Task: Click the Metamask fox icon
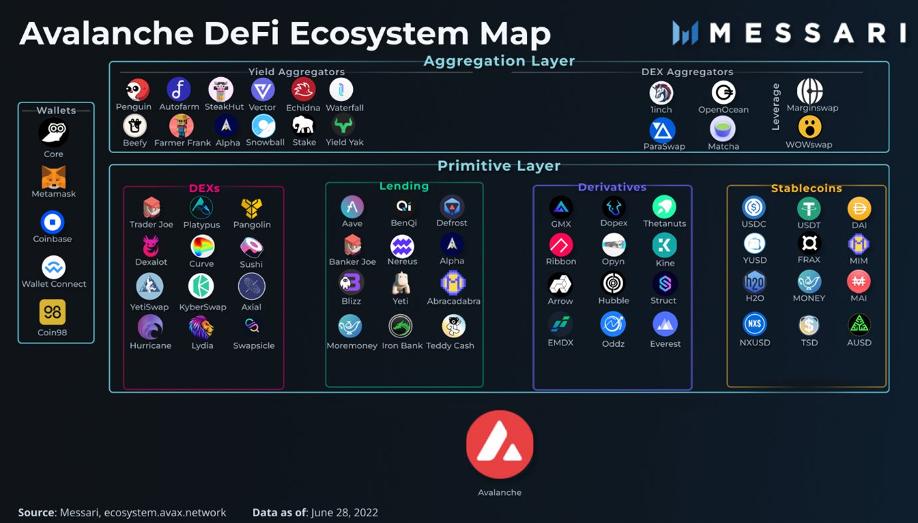click(x=54, y=178)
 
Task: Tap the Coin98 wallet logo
click(x=53, y=312)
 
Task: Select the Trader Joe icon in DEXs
click(x=151, y=207)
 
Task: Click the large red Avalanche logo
click(x=499, y=444)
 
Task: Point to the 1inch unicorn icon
click(x=661, y=92)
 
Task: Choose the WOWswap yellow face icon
click(x=809, y=127)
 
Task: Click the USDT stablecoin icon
click(x=809, y=208)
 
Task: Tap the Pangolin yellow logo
click(x=251, y=208)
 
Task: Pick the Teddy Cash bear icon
click(x=453, y=326)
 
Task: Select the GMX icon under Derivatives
click(x=561, y=208)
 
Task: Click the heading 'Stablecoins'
click(x=806, y=188)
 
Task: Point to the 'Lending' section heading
click(x=404, y=186)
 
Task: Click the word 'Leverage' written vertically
click(x=776, y=107)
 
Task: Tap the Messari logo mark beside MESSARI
click(x=685, y=33)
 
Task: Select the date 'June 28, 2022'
click(x=344, y=512)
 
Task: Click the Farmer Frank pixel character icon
click(x=181, y=126)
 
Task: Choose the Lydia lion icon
click(x=201, y=327)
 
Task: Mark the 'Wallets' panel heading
click(x=56, y=110)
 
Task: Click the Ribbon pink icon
click(x=561, y=245)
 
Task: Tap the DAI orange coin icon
click(x=859, y=208)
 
